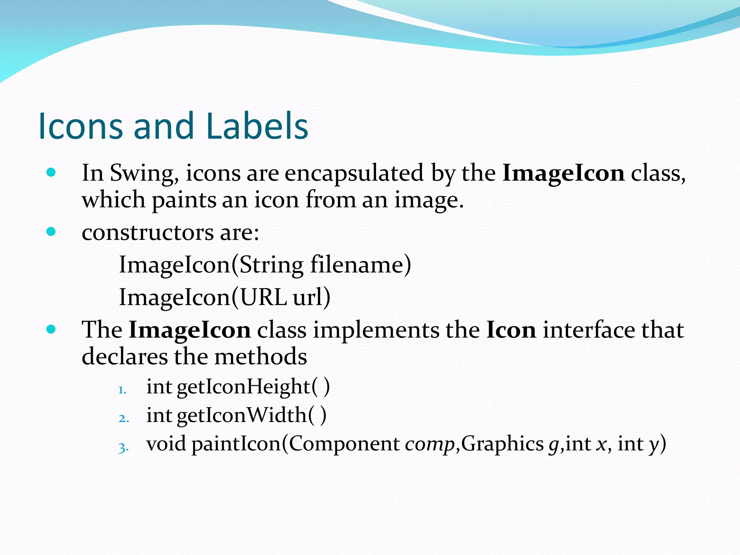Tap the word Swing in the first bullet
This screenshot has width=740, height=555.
coord(143,173)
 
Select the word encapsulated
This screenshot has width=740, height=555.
coord(354,173)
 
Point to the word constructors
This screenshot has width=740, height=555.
coord(147,232)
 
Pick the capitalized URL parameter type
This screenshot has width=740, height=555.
coord(263,297)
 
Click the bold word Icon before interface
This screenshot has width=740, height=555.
coord(511,330)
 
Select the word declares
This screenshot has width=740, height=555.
coord(124,357)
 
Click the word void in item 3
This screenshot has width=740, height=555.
coord(166,444)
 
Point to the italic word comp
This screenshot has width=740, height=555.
coord(430,444)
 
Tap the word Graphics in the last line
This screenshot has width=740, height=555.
coord(502,444)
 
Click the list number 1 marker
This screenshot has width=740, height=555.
coord(122,390)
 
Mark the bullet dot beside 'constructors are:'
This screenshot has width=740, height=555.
coord(51,232)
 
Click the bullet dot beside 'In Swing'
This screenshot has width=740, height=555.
coord(51,172)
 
